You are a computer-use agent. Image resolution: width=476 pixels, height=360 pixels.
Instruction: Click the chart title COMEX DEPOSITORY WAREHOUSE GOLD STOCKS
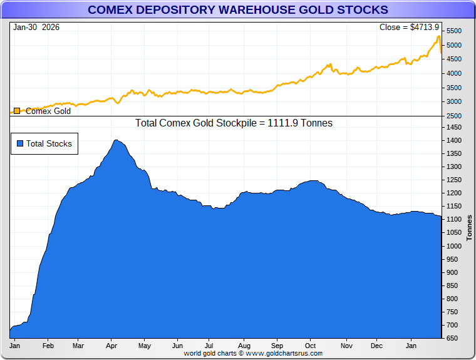[x=237, y=9]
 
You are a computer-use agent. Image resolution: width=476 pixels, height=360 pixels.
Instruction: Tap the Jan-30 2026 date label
[x=35, y=27]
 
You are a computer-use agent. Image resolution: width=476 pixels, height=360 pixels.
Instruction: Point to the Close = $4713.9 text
[x=409, y=27]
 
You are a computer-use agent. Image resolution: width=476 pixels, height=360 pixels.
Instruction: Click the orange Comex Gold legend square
[x=18, y=111]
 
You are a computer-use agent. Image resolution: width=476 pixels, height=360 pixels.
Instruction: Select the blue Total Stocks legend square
[x=19, y=143]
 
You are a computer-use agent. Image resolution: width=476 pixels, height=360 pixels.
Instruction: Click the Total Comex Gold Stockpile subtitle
[x=234, y=123]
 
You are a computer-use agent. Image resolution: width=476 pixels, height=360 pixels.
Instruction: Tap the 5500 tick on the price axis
[x=453, y=31]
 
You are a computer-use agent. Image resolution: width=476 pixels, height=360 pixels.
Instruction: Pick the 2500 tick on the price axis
[x=453, y=116]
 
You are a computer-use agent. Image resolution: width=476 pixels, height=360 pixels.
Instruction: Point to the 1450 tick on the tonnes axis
[x=453, y=127]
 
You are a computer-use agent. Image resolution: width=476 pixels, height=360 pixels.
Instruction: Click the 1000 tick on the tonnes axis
[x=453, y=246]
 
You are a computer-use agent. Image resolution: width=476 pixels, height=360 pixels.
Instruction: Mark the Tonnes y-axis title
[x=469, y=227]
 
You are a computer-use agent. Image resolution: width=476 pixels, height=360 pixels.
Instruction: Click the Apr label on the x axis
[x=111, y=345]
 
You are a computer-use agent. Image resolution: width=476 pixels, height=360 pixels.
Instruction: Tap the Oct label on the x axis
[x=311, y=345]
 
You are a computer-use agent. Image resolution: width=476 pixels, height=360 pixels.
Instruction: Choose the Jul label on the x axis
[x=210, y=345]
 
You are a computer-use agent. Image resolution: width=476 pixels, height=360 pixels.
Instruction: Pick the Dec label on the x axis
[x=376, y=345]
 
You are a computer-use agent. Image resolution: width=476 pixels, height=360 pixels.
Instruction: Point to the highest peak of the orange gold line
[x=438, y=37]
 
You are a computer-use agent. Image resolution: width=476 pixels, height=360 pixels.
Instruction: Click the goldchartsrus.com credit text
[x=253, y=353]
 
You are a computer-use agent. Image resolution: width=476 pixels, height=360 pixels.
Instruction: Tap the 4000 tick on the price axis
[x=453, y=73]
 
